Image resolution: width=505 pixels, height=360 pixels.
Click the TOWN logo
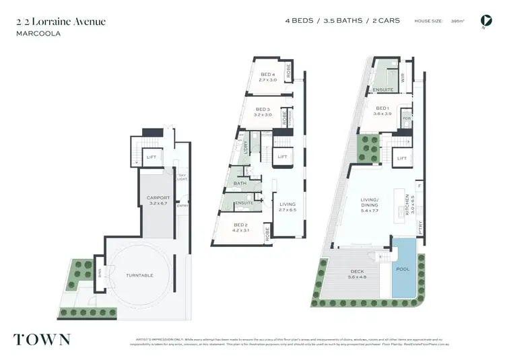pos(41,338)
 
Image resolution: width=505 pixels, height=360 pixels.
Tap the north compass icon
pos(484,22)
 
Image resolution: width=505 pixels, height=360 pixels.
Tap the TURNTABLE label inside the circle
pos(139,275)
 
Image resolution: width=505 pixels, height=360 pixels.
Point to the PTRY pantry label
pos(419,227)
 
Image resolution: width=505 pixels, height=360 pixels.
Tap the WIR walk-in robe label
pos(403,79)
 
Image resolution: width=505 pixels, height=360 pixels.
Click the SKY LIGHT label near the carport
pos(182,178)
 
